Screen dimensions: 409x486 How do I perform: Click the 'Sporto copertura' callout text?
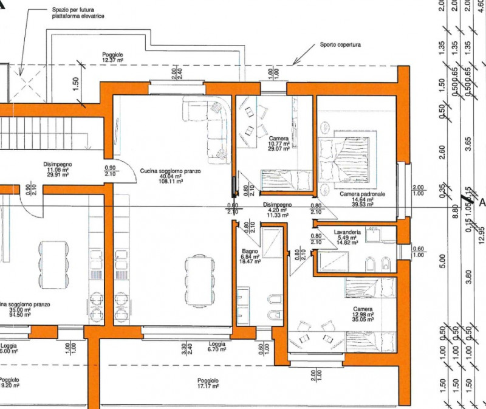coord(340,45)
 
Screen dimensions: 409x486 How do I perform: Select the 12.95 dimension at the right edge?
coord(481,232)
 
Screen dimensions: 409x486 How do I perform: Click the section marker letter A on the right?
coord(482,203)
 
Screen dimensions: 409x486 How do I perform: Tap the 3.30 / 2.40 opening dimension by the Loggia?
coord(187,349)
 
